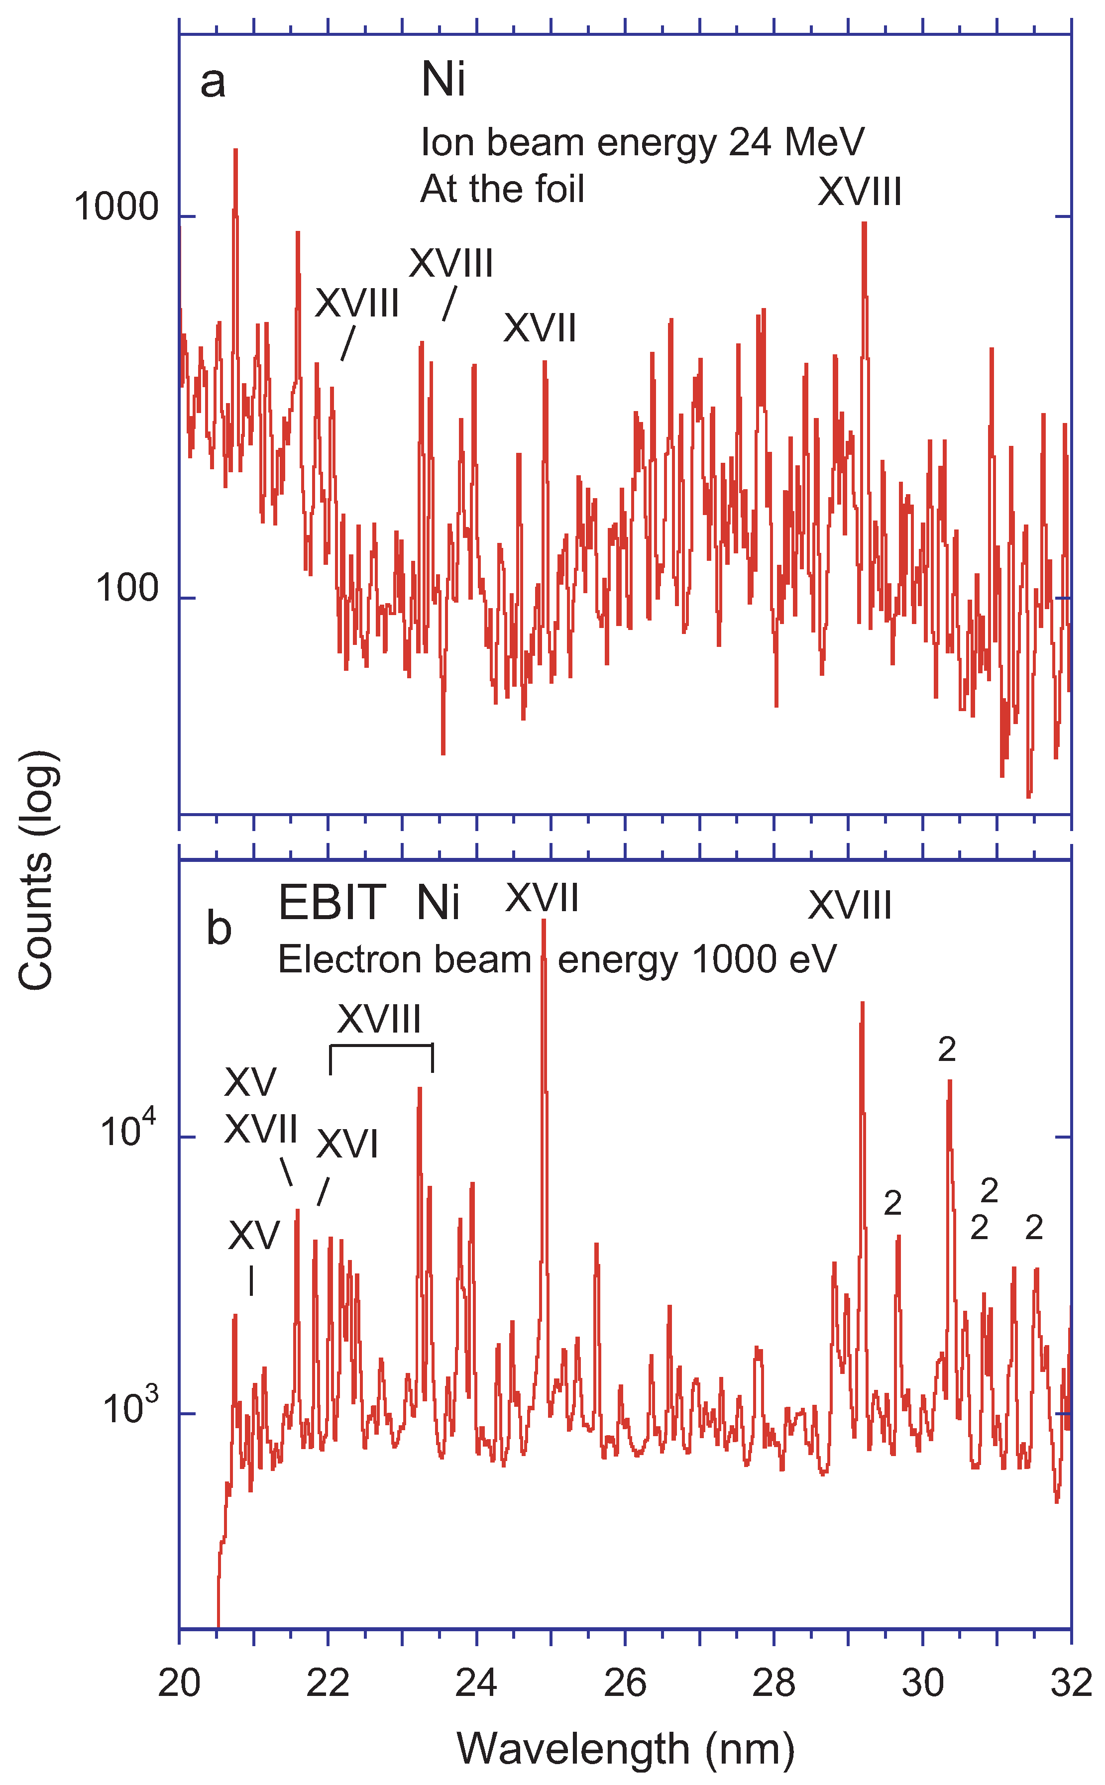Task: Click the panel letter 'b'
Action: point(219,928)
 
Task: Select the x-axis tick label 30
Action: point(922,1683)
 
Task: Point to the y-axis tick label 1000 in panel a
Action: point(116,208)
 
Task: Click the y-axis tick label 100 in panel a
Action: point(126,588)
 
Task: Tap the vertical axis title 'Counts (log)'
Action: point(36,869)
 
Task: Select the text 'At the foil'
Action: point(502,189)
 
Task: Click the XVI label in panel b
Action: point(347,1144)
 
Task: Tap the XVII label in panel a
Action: point(540,328)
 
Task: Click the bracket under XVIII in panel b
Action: point(381,1047)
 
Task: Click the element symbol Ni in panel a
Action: point(443,80)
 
